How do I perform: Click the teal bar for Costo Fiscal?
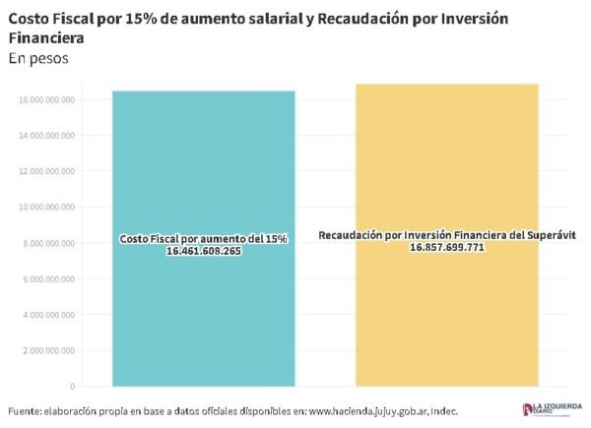(203, 315)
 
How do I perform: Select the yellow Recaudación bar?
(446, 315)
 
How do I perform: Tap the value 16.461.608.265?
(204, 252)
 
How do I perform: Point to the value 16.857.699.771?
(446, 247)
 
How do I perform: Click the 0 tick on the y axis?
(72, 386)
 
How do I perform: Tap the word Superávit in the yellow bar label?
(549, 235)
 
